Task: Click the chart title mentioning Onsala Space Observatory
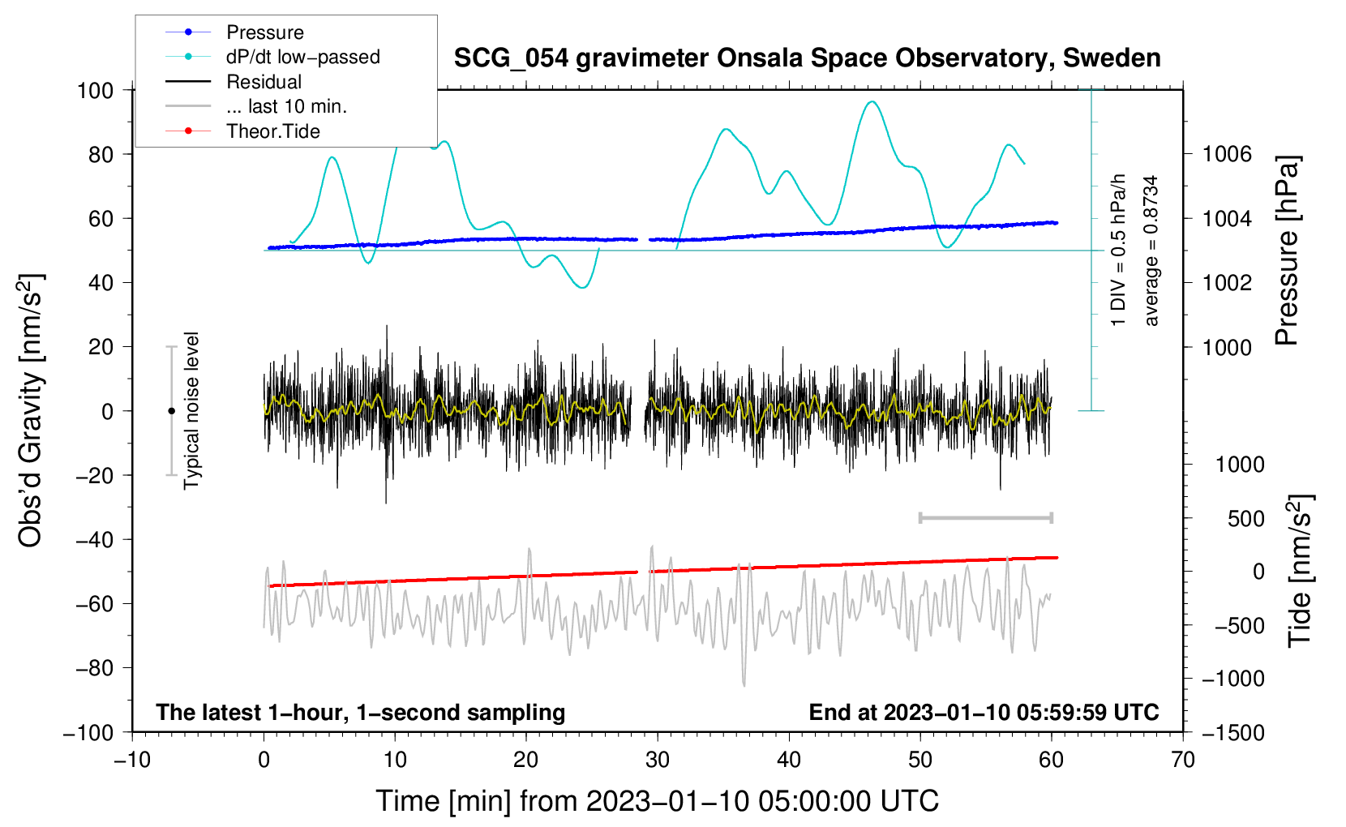[807, 58]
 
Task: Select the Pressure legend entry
[264, 32]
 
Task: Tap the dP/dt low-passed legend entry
[302, 57]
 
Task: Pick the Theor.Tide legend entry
[272, 131]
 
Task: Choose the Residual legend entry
[264, 82]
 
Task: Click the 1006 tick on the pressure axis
[1227, 154]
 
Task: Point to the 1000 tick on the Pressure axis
[1227, 347]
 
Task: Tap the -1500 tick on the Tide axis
[1233, 732]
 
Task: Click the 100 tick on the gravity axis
[95, 90]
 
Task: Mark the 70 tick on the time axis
[1183, 760]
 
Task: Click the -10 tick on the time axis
[132, 760]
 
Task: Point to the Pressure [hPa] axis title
[1287, 251]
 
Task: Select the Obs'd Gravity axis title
[30, 410]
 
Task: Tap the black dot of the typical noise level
[171, 411]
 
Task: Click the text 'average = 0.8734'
[1151, 251]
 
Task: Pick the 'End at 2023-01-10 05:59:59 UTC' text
[984, 712]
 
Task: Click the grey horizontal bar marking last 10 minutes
[985, 517]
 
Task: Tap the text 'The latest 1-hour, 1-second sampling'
[360, 712]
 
